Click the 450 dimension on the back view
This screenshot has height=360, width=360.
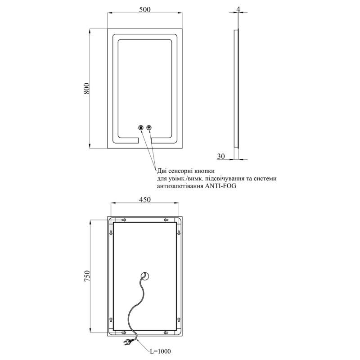click(145, 200)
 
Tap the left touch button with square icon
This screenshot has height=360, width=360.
click(141, 127)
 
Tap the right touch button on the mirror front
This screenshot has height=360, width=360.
click(149, 127)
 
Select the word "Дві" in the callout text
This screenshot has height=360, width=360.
click(163, 171)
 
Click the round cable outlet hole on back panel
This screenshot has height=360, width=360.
click(145, 276)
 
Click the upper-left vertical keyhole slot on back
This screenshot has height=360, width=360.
click(110, 233)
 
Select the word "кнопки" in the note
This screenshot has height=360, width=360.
click(204, 171)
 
